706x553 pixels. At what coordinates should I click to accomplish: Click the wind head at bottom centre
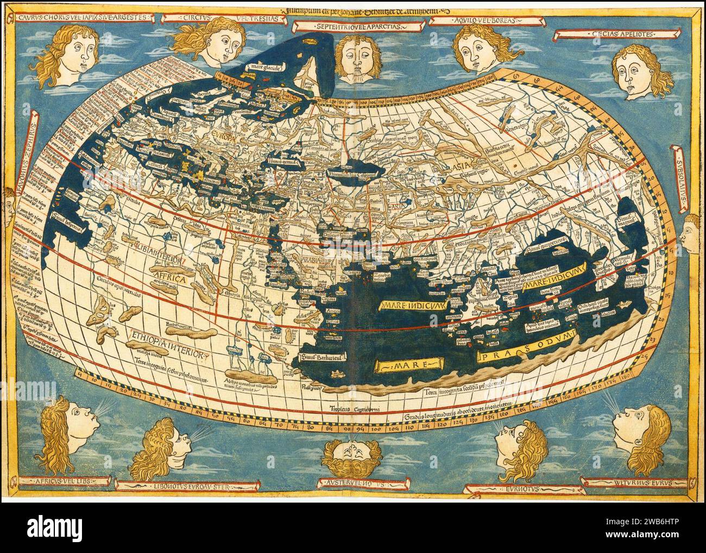352,456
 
